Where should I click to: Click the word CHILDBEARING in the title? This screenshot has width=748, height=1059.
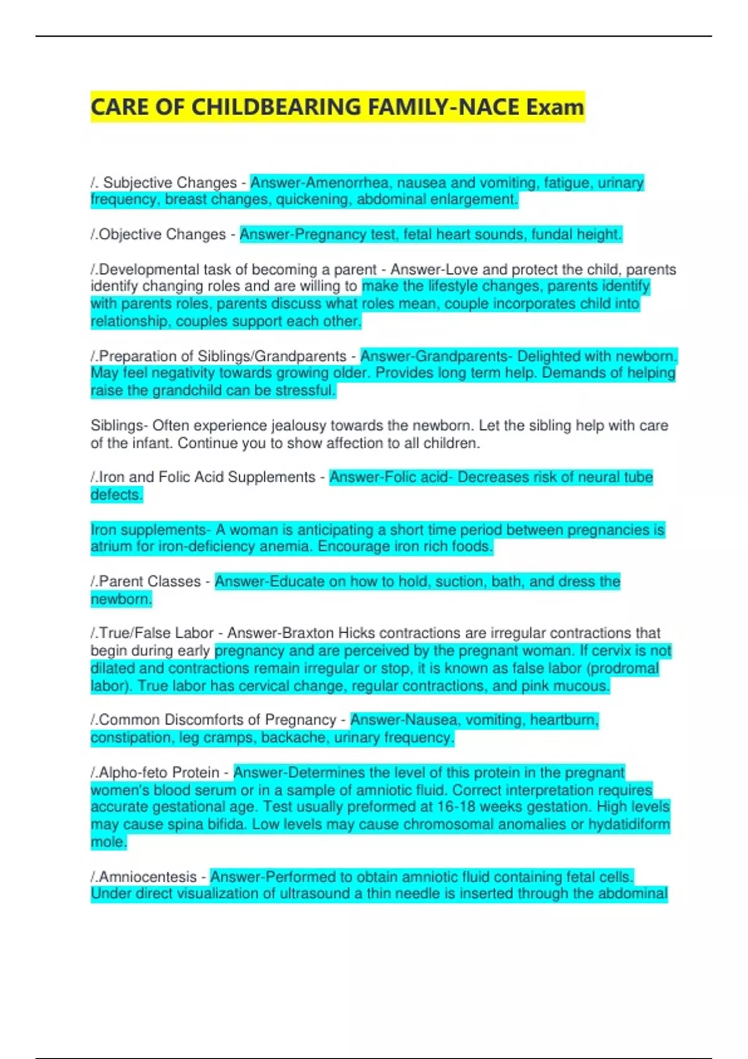(276, 107)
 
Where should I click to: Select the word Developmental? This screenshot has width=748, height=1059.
(149, 269)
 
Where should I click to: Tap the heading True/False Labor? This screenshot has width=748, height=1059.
(156, 633)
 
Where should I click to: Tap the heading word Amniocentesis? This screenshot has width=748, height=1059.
(148, 876)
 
